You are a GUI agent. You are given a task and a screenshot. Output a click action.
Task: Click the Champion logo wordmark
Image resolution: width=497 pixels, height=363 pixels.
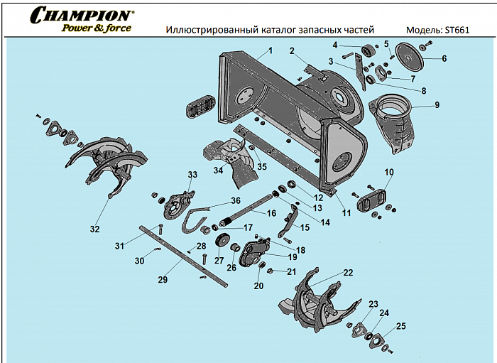click(81, 15)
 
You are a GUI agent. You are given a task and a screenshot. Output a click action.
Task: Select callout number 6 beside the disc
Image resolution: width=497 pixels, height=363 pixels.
click(444, 58)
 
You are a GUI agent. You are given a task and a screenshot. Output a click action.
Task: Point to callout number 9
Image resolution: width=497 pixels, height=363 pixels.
click(437, 104)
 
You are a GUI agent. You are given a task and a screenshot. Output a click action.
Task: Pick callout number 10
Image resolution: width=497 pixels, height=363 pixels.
click(388, 172)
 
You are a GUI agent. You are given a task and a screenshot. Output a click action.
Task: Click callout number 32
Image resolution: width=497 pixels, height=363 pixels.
click(94, 229)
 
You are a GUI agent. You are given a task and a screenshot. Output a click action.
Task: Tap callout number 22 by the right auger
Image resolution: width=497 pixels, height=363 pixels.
click(348, 273)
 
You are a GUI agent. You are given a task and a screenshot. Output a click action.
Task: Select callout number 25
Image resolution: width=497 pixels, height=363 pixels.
click(401, 326)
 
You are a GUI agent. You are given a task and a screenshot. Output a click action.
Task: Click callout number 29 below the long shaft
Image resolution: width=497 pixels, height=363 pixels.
click(163, 280)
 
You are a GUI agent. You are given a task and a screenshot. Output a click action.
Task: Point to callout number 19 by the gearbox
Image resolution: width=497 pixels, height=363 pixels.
click(292, 256)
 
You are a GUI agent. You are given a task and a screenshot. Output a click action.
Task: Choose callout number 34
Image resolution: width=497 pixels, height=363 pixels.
click(219, 170)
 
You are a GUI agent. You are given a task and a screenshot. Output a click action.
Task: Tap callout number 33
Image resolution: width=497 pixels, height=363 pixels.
click(192, 175)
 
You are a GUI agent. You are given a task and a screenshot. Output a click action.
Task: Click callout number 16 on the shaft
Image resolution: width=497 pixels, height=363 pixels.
click(271, 213)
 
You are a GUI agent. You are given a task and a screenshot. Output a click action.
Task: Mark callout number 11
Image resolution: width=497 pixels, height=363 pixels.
click(346, 212)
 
